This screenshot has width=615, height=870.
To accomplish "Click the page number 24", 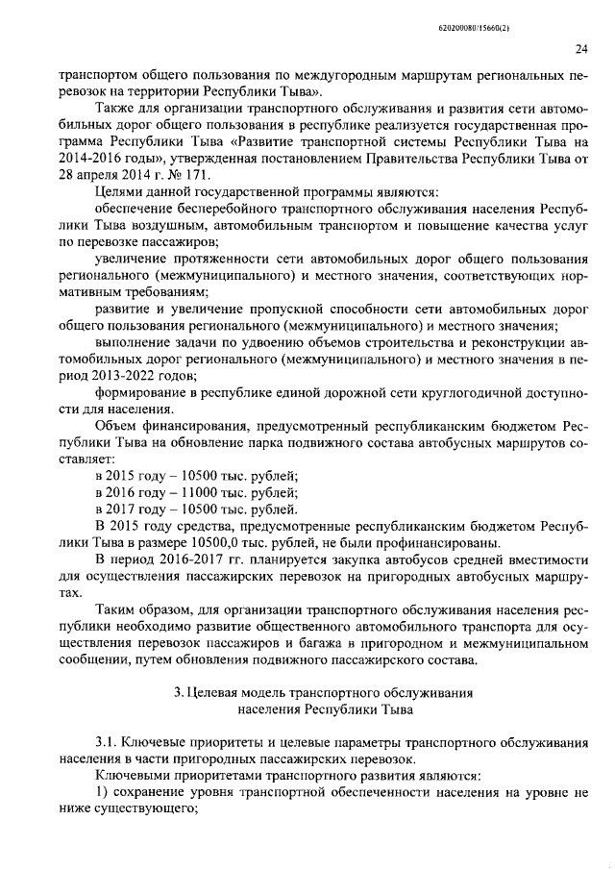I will pos(555,50).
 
